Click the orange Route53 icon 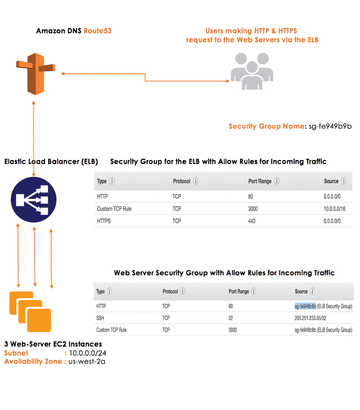point(34,73)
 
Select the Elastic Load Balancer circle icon point(34,199)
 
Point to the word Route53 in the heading point(97,31)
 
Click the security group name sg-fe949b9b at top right point(330,126)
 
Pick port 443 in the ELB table point(252,221)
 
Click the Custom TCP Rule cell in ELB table point(114,209)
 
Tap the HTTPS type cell point(104,221)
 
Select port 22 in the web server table point(231,318)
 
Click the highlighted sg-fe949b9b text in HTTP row point(305,306)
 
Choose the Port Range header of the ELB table point(260,181)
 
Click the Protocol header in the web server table point(170,291)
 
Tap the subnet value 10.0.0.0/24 point(87,353)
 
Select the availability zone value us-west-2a point(87,361)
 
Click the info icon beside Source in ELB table point(344,181)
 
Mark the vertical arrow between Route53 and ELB point(34,130)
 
